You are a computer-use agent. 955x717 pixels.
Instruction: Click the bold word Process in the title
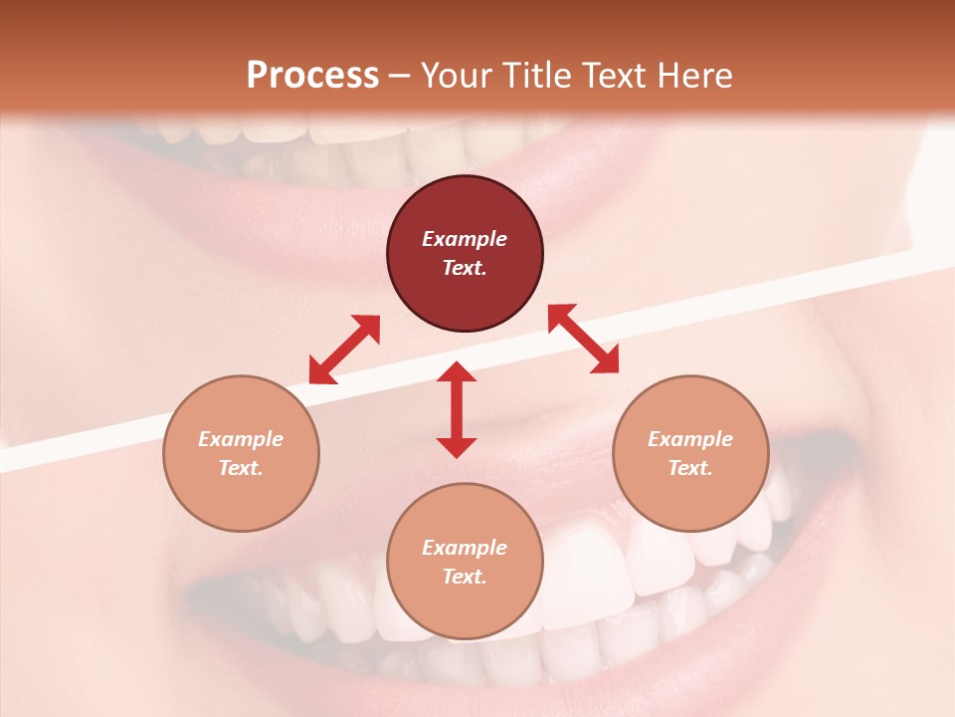click(312, 76)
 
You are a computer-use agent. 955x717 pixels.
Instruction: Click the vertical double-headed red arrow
click(457, 410)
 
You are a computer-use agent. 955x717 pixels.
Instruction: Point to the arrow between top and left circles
click(344, 350)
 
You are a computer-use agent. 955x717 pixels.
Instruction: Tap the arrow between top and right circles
click(584, 339)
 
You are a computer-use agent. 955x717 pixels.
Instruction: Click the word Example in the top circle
click(465, 239)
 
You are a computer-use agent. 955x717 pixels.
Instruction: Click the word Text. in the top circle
click(465, 268)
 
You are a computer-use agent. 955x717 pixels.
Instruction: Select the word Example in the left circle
click(241, 439)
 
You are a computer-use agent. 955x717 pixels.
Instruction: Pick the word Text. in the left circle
click(241, 468)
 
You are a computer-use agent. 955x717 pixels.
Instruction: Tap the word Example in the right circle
click(690, 439)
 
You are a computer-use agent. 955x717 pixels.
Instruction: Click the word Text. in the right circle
click(690, 468)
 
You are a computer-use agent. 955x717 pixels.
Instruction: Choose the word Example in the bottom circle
click(465, 548)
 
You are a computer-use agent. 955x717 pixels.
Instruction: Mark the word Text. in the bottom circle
click(465, 577)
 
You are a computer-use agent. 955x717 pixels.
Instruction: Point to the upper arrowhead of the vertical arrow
click(457, 372)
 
